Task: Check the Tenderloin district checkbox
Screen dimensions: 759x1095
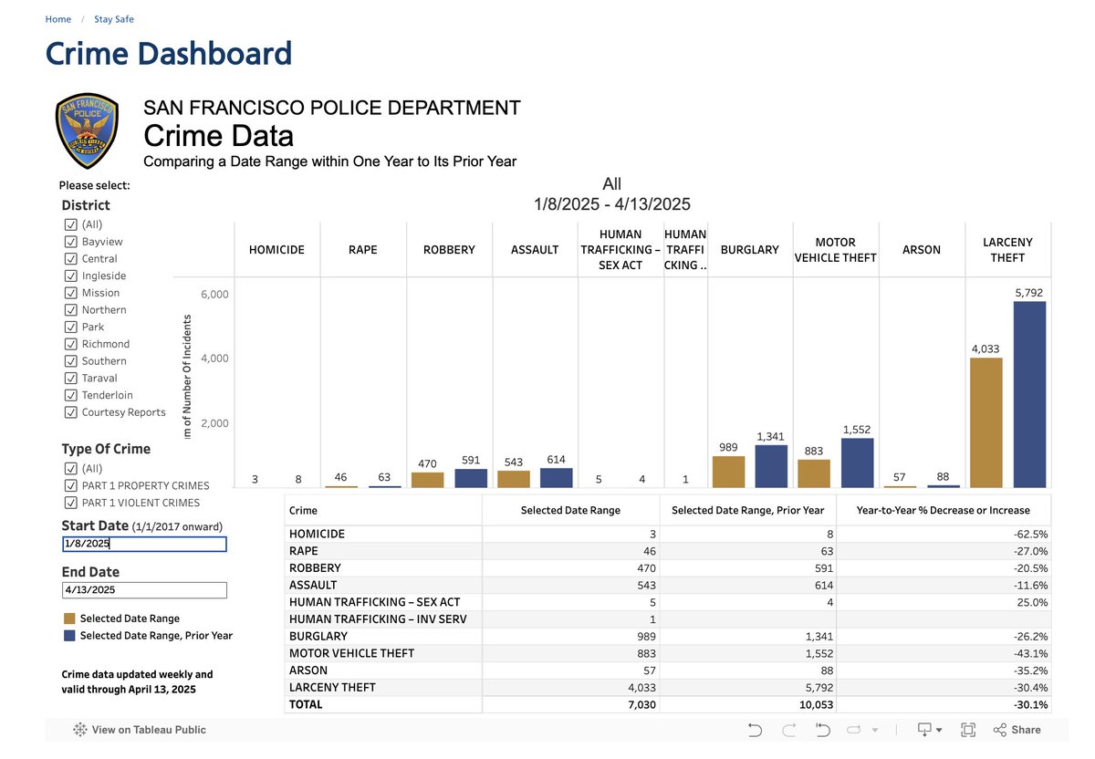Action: [x=70, y=395]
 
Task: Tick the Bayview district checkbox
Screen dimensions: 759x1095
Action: [x=70, y=242]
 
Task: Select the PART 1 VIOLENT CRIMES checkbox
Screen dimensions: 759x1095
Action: [x=70, y=503]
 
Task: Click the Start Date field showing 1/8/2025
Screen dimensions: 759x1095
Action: [x=144, y=544]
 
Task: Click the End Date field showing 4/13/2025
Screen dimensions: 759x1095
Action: [x=144, y=590]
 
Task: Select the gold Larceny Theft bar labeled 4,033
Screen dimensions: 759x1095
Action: [x=985, y=422]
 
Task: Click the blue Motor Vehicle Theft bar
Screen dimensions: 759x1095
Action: [x=857, y=463]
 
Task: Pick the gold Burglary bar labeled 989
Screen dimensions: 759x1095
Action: [x=728, y=472]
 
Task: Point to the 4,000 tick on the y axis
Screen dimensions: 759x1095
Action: [x=214, y=359]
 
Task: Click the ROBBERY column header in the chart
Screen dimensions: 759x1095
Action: [x=449, y=249]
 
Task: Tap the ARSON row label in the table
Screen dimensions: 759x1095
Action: [x=308, y=671]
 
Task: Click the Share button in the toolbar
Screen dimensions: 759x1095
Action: [x=1017, y=730]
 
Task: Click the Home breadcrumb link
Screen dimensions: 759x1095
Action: [x=58, y=19]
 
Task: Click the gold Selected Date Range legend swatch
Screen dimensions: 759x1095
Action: [x=69, y=619]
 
